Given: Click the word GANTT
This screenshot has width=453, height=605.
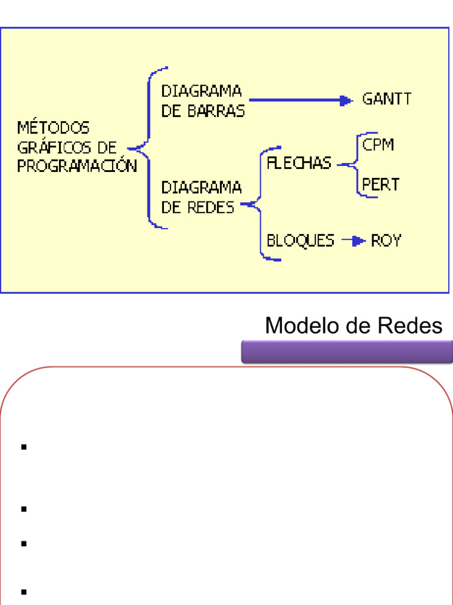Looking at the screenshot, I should (x=386, y=99).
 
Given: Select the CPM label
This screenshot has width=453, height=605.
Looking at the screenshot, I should (x=378, y=145).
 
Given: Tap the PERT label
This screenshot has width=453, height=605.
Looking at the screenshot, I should (x=380, y=185).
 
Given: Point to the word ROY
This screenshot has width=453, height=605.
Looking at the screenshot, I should (x=386, y=241).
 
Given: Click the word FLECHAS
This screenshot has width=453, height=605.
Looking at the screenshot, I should (x=299, y=164).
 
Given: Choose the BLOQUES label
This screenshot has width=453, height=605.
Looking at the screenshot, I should (x=300, y=241).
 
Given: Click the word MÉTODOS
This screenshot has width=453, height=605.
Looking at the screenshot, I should (x=53, y=128).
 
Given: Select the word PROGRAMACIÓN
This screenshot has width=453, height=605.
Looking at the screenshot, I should (x=77, y=167).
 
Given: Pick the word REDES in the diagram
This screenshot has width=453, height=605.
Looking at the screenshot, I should (x=211, y=208).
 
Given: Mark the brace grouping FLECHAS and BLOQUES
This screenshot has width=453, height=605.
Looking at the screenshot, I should (x=260, y=204).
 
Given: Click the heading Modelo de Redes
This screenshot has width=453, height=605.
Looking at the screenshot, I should (x=353, y=326).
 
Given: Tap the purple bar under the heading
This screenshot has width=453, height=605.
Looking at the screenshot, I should (x=347, y=352).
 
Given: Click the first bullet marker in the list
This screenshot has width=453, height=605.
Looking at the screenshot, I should (x=24, y=447).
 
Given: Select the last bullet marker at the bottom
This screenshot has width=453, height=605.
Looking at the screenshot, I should (x=24, y=591).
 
